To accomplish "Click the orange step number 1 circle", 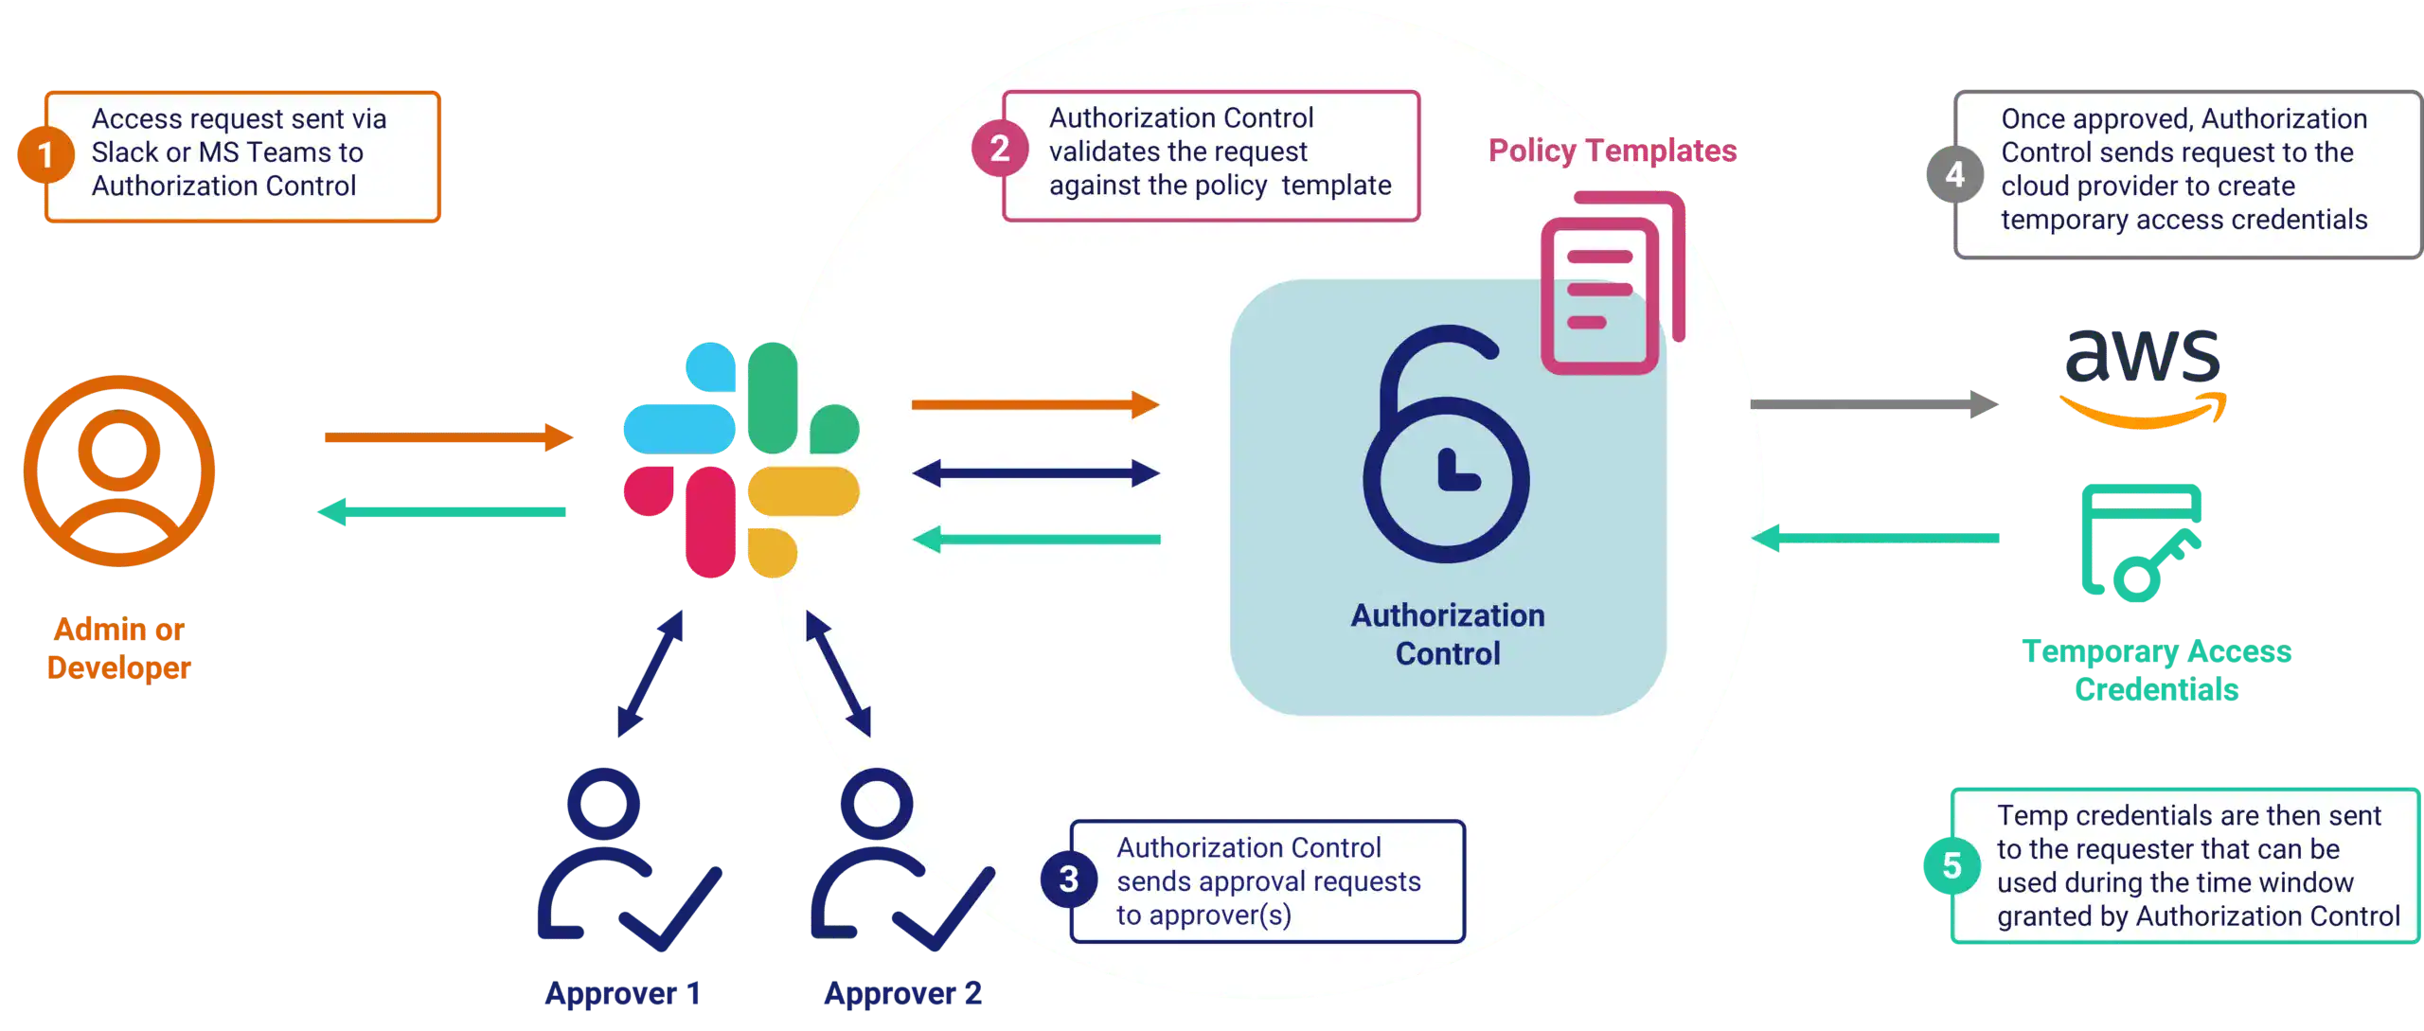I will point(45,155).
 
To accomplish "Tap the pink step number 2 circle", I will point(1000,149).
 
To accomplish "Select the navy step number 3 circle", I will point(1069,880).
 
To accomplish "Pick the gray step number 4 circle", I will point(1954,175).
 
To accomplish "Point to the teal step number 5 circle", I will point(1952,865).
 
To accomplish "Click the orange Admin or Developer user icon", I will point(119,471).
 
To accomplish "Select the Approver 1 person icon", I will point(625,862).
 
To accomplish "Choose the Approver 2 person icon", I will point(895,862).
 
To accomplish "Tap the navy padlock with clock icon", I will point(1445,445).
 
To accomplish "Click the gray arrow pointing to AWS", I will point(1874,405).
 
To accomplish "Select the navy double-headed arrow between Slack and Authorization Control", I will point(1036,472).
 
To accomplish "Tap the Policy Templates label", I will point(1612,151).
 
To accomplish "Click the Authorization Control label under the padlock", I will point(1447,634).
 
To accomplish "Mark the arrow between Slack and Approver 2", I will point(838,673).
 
